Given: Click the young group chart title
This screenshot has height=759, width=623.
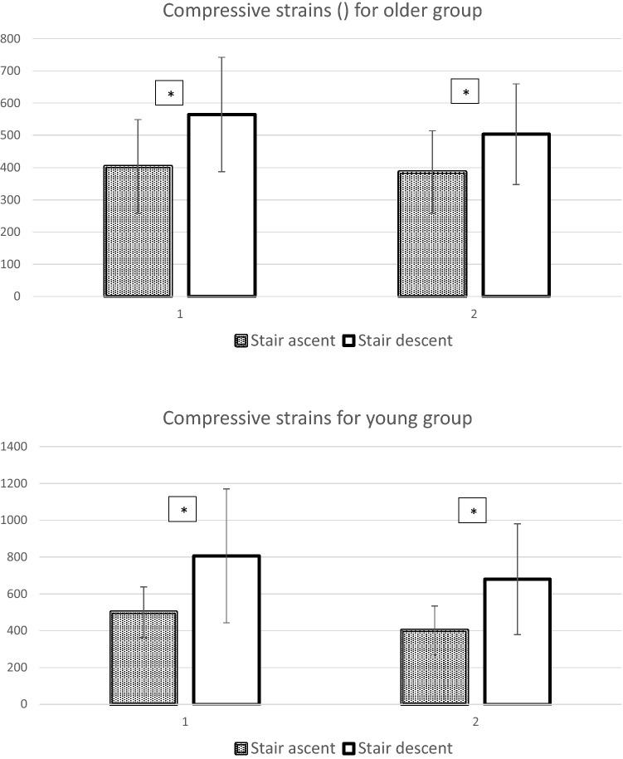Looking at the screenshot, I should click(317, 418).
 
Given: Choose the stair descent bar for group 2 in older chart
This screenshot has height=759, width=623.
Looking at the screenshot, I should click(516, 215).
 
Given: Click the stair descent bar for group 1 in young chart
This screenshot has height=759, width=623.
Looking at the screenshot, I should click(226, 629).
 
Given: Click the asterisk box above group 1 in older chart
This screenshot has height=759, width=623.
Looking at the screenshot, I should click(169, 93).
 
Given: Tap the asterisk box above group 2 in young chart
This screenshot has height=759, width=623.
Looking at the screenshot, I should click(473, 511).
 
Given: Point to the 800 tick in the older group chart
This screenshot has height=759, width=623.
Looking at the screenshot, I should click(10, 38).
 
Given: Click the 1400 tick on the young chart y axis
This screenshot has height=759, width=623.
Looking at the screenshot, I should click(14, 447).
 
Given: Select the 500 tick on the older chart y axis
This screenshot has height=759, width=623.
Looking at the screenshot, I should click(10, 135).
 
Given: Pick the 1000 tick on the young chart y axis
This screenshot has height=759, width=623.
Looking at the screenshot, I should click(14, 521).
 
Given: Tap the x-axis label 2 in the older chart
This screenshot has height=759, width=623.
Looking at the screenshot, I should click(474, 315).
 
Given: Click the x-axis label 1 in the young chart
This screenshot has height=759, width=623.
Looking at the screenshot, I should click(185, 722).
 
